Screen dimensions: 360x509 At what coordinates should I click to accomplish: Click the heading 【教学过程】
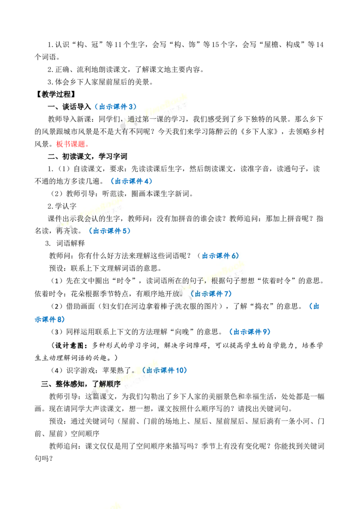point(55,94)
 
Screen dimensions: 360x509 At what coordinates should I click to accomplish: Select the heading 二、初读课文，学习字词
point(87,156)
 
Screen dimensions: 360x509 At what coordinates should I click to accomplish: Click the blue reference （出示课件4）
point(131,181)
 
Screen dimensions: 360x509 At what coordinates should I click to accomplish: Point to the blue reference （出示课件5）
point(109,231)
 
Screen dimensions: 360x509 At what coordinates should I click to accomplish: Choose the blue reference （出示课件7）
point(211,294)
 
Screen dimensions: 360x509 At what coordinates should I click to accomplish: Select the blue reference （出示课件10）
point(164,371)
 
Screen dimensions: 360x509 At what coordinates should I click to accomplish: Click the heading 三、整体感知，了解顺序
point(81,384)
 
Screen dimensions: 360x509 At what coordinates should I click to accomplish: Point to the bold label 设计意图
point(70,345)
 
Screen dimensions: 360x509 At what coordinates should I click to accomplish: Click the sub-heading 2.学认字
point(62,206)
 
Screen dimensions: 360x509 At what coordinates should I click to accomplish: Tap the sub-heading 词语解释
point(71,243)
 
